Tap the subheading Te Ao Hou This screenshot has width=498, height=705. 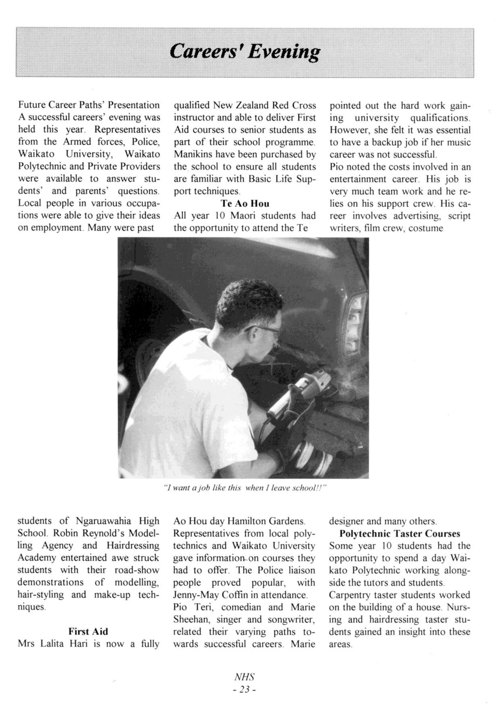point(245,203)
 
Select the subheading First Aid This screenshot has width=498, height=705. point(88,631)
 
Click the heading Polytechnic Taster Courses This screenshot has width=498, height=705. point(400,533)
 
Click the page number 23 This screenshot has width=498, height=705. point(244,690)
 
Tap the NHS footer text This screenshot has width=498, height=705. point(244,677)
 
